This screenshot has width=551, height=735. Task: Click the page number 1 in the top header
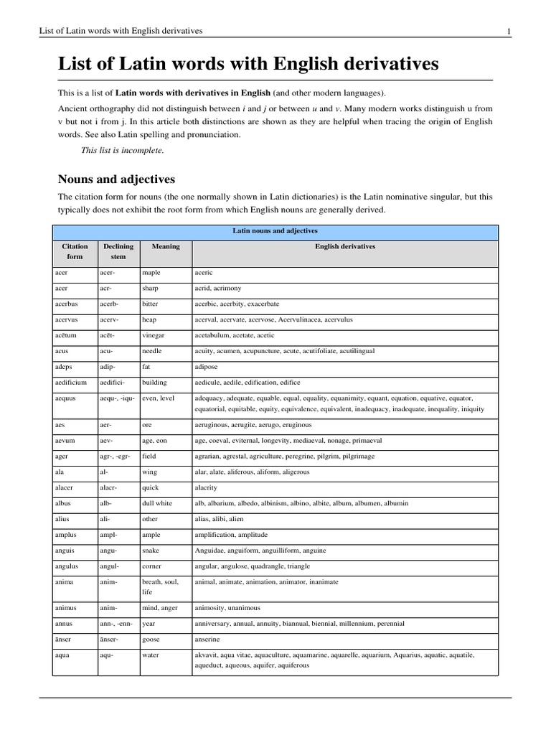point(508,31)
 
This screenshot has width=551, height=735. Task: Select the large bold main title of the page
point(248,65)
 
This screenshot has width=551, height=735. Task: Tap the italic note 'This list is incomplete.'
point(123,150)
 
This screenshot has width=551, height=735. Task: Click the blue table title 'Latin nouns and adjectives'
point(275,231)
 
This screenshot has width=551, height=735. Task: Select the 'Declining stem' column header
point(118,251)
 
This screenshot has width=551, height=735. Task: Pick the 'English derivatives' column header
point(344,246)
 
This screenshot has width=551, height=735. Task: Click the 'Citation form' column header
point(75,251)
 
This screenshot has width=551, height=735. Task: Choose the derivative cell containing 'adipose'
point(207,367)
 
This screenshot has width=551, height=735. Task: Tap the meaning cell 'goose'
point(152,639)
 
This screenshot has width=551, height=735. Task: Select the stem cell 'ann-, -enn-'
point(117,623)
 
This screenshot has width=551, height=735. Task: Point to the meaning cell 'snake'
point(152,551)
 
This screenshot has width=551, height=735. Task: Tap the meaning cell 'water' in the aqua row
point(151,655)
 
